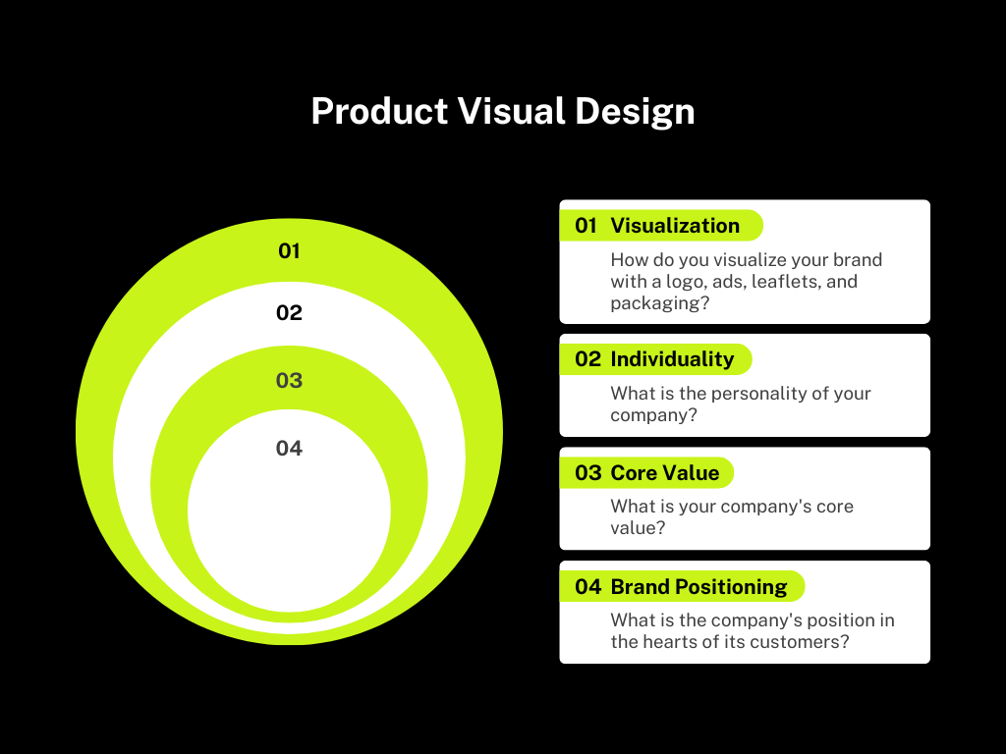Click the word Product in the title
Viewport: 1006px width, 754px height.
pyautogui.click(x=379, y=111)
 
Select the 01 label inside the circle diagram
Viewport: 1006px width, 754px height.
pyautogui.click(x=289, y=250)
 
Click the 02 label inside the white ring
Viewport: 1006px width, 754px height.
pyautogui.click(x=289, y=312)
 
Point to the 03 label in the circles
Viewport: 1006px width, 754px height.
pyautogui.click(x=289, y=380)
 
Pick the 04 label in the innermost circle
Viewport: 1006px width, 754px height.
pyautogui.click(x=289, y=448)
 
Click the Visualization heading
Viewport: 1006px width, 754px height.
pyautogui.click(x=675, y=225)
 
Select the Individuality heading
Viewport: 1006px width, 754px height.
pyautogui.click(x=672, y=359)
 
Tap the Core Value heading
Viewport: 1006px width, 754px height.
pyautogui.click(x=665, y=472)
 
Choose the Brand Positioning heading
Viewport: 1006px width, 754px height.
pyautogui.click(x=699, y=587)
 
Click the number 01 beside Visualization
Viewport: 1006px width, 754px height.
pyautogui.click(x=586, y=225)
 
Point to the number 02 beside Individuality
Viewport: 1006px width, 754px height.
pyautogui.click(x=587, y=359)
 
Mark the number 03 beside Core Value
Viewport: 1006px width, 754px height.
pyautogui.click(x=587, y=472)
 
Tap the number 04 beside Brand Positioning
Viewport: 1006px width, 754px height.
pyautogui.click(x=587, y=587)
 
